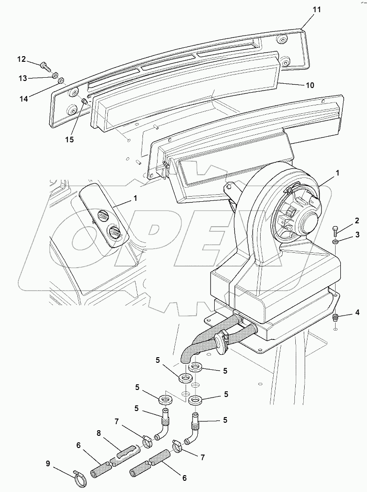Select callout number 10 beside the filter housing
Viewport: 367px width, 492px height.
coord(310,85)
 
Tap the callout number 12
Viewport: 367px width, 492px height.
coord(22,59)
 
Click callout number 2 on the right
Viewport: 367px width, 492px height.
coord(357,220)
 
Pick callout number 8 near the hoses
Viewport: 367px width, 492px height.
coord(99,434)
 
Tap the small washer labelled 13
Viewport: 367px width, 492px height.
coord(54,74)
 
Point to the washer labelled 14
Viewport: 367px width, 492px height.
coord(60,81)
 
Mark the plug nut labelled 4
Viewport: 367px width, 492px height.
coord(336,318)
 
